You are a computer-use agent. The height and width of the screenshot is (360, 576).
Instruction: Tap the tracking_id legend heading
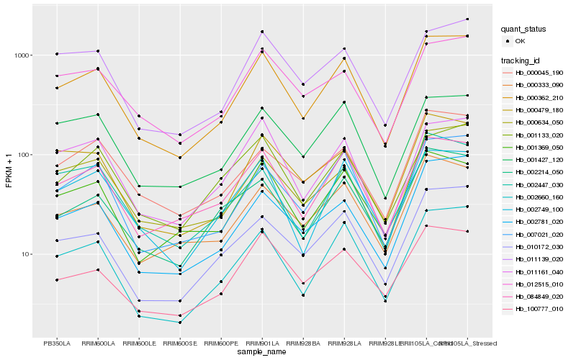(x=523, y=60)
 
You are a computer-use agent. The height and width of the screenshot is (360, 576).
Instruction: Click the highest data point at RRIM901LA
(x=261, y=32)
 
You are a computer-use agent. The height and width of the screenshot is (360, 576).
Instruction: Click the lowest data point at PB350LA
(x=56, y=279)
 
